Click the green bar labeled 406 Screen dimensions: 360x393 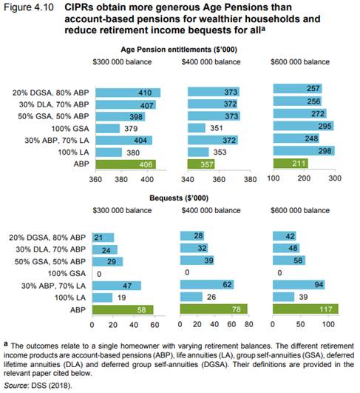tap(126, 164)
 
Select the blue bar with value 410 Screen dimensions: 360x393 tap(128, 93)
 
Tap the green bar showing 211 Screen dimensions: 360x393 tap(291, 164)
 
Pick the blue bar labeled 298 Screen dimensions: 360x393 tap(304, 151)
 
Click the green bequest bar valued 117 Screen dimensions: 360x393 tap(305, 309)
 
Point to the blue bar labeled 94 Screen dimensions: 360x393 tap(299, 285)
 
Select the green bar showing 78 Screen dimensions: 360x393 tap(214, 309)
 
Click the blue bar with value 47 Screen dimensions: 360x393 tap(117, 286)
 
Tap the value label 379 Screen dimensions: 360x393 tap(131, 129)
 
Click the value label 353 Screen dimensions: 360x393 tap(220, 152)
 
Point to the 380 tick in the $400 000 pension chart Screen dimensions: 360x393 tap(250, 179)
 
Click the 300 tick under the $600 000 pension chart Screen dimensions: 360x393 tap(335, 178)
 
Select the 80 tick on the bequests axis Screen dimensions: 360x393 tap(248, 324)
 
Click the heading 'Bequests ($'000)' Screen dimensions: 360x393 tap(179, 198)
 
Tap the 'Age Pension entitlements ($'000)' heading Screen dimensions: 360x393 tap(179, 50)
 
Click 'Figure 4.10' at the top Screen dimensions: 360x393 tap(29, 7)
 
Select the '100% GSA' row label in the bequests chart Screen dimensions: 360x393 tap(67, 273)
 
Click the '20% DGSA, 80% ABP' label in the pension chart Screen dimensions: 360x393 tap(51, 93)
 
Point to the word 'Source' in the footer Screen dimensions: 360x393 tap(16, 386)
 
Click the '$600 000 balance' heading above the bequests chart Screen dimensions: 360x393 tap(300, 210)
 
